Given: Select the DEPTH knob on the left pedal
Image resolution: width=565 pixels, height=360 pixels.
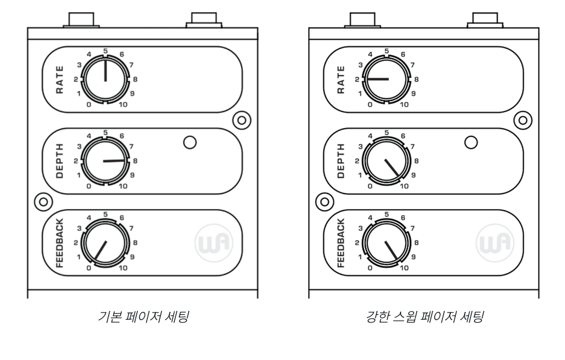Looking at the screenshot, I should (x=105, y=161).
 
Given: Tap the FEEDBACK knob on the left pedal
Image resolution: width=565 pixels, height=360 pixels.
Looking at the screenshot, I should (x=105, y=242).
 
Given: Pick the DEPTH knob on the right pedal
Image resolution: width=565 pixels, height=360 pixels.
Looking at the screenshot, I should (x=387, y=161).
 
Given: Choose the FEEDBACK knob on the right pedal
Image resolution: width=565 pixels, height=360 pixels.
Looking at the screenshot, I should (x=387, y=242).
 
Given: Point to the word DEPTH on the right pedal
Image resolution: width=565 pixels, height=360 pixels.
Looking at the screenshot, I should (x=340, y=161).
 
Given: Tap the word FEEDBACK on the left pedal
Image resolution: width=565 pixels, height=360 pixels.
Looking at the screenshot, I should (x=59, y=242).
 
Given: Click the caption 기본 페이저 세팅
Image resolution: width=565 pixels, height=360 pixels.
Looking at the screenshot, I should (x=142, y=319).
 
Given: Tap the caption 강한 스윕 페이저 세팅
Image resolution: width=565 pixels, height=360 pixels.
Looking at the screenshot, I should (x=424, y=319).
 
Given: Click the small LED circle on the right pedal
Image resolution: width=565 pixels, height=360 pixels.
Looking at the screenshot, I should (x=471, y=142).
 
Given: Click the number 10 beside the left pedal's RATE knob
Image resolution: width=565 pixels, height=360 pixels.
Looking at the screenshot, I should (x=124, y=104).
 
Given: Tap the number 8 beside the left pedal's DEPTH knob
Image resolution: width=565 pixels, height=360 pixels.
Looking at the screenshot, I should (x=135, y=161).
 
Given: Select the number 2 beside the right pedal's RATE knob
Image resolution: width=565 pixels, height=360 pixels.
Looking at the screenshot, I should (x=357, y=80).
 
